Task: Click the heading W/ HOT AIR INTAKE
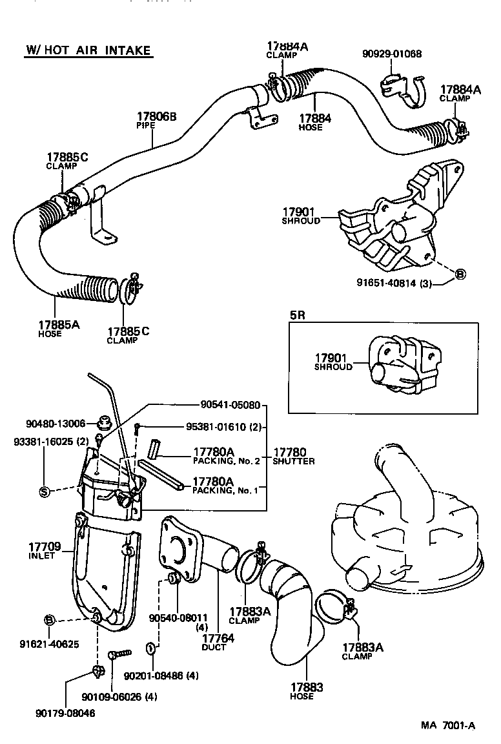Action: pyautogui.click(x=88, y=50)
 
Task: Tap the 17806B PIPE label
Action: pyautogui.click(x=156, y=120)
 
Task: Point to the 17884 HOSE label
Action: pyautogui.click(x=315, y=122)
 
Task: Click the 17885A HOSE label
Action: pyautogui.click(x=58, y=329)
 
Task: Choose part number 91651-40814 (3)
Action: pyautogui.click(x=394, y=283)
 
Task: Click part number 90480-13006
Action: pyautogui.click(x=56, y=424)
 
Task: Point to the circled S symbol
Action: pyautogui.click(x=44, y=492)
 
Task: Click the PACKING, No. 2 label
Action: pyautogui.click(x=225, y=460)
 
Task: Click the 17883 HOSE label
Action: pyautogui.click(x=306, y=691)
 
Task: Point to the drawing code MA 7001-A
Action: pyautogui.click(x=447, y=725)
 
